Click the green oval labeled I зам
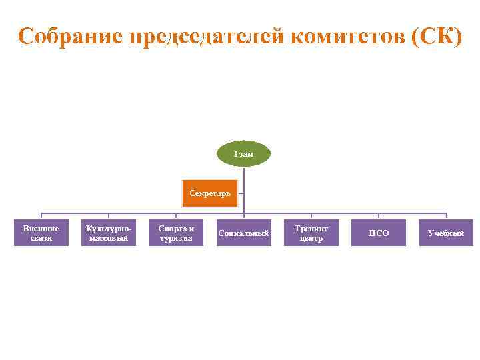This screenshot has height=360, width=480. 243,154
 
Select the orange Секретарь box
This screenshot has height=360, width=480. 209,193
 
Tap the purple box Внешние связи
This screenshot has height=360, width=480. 41,233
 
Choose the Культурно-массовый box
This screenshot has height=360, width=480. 109,233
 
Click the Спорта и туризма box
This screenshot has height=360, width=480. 176,233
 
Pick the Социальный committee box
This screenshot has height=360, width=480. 243,233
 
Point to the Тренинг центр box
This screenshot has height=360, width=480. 311,233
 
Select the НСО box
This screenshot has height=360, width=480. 379,233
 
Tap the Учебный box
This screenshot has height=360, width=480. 446,233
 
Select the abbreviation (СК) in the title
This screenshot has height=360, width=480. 437,36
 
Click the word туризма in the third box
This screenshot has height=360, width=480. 176,238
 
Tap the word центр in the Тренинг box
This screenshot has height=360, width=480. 311,238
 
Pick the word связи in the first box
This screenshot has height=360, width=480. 41,238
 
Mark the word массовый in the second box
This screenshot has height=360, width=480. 109,238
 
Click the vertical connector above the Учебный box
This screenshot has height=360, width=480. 447,216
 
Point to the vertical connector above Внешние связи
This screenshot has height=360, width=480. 41,216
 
